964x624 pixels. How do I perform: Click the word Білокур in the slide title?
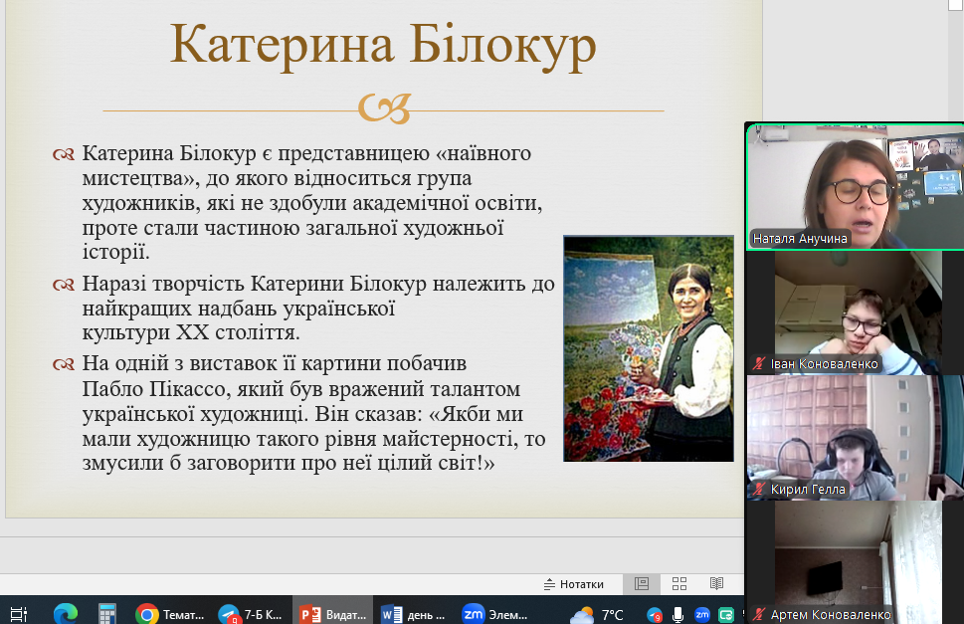[x=502, y=45]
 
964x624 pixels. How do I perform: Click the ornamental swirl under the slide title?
[x=385, y=108]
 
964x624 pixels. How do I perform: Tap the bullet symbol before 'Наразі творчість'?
[x=64, y=285]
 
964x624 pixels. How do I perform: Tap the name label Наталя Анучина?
[x=800, y=239]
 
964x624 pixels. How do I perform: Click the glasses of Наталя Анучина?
[x=861, y=191]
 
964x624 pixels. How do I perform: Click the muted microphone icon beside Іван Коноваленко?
[x=759, y=364]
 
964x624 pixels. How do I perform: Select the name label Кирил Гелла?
[x=808, y=490]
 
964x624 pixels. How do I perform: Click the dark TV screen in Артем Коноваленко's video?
[x=824, y=577]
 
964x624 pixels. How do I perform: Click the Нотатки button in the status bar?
[x=574, y=584]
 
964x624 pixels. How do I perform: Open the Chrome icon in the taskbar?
[x=147, y=614]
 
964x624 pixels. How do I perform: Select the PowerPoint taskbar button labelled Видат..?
[x=332, y=614]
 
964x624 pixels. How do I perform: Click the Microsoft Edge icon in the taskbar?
[x=66, y=614]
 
